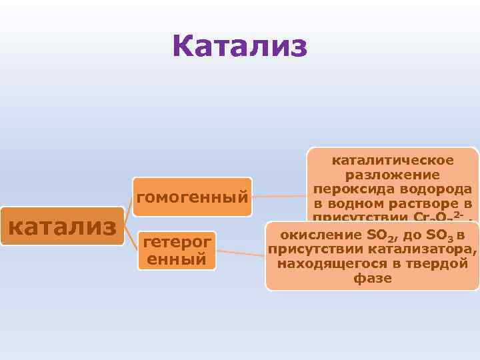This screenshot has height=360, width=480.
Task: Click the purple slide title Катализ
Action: [x=239, y=47]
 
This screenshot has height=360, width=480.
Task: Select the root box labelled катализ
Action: [x=62, y=226]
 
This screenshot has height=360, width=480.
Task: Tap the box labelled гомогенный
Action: [x=192, y=197]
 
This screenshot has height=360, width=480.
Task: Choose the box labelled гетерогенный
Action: [x=177, y=250]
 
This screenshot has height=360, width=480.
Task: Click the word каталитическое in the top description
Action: [x=393, y=160]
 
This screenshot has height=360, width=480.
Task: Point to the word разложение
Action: [x=393, y=175]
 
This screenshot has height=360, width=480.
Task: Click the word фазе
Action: [x=373, y=279]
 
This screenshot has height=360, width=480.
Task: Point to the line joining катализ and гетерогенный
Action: [x=131, y=238]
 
